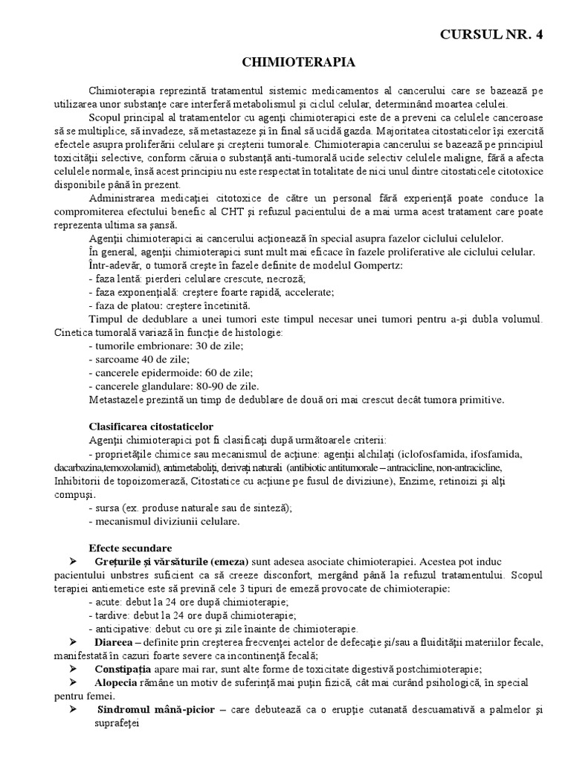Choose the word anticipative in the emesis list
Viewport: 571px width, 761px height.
[123, 628]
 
